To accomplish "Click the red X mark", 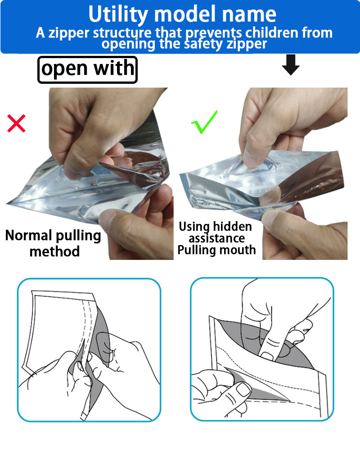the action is (x=16, y=123).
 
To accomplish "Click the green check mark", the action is (x=204, y=122).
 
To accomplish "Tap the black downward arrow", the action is (x=291, y=65).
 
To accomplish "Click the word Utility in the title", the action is (x=118, y=14).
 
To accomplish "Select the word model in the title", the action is (x=185, y=14).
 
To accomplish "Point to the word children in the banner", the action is (x=272, y=33).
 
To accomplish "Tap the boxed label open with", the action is (x=87, y=70).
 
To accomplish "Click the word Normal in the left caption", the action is (x=29, y=235).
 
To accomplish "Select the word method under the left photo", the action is (x=54, y=251).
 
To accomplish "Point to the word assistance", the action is (x=217, y=238).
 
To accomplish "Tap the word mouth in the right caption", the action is (x=238, y=250).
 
